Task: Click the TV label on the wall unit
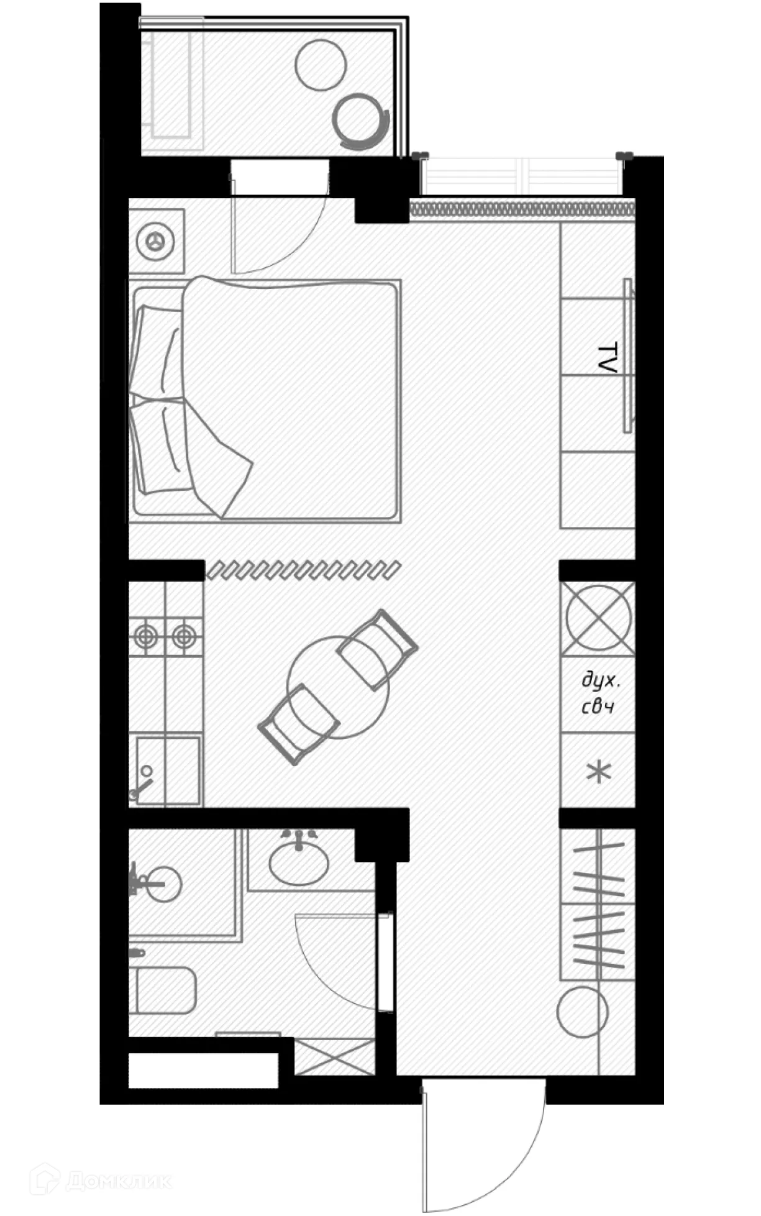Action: (606, 357)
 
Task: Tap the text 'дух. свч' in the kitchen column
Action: (600, 693)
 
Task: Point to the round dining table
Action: (337, 687)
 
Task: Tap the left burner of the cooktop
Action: (147, 636)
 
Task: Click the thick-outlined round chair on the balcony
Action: (360, 119)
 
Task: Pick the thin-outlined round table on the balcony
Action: (321, 65)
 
